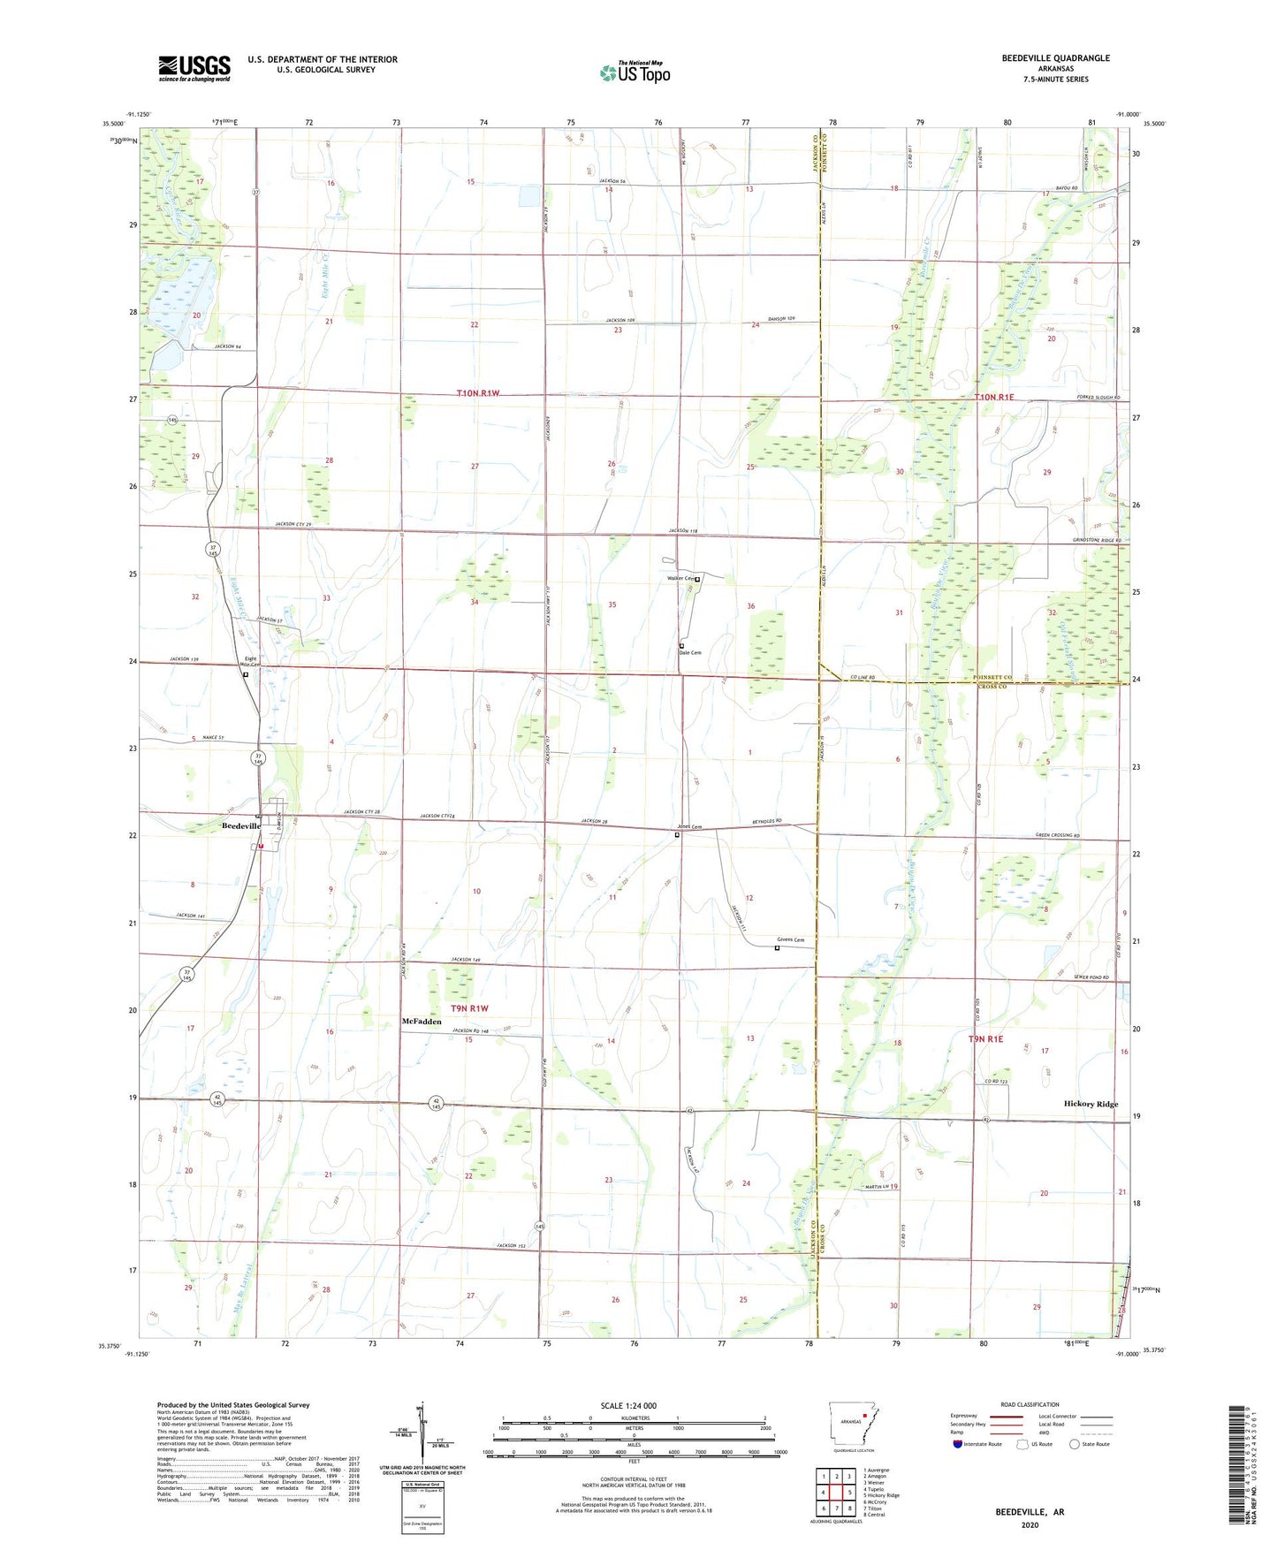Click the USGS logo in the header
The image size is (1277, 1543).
(194, 68)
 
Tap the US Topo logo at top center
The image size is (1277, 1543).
(635, 72)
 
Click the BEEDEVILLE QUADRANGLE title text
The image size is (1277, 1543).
(1055, 58)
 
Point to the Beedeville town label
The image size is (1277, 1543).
(240, 825)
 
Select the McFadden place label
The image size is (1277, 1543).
(422, 1022)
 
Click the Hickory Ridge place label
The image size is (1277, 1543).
(1091, 1104)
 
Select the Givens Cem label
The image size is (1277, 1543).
(790, 939)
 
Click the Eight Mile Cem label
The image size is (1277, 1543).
(252, 661)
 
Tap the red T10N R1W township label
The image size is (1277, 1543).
(478, 393)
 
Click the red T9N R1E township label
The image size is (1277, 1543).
(985, 1039)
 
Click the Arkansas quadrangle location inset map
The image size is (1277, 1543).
(853, 1424)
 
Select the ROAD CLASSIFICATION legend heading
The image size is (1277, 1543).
(1030, 1404)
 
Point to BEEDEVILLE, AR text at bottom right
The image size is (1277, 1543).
(1030, 1512)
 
